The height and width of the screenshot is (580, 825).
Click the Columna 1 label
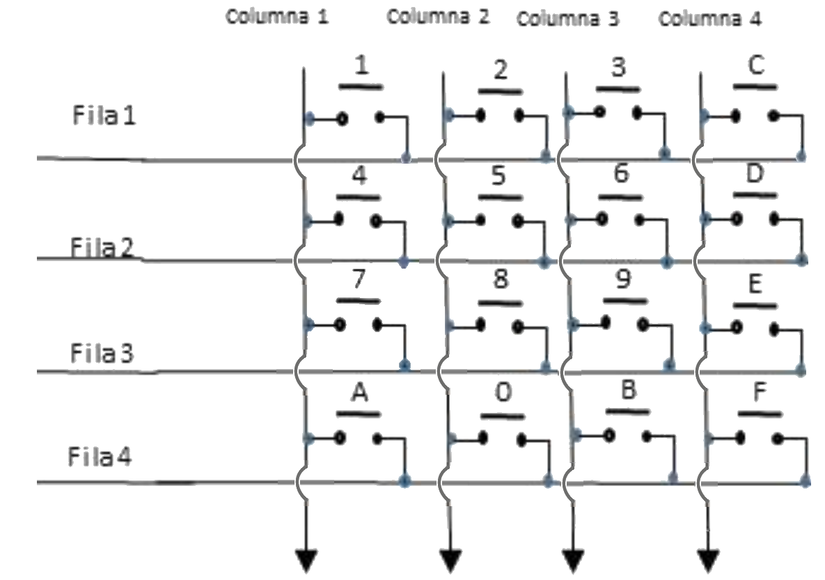(x=276, y=17)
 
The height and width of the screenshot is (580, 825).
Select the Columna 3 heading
(x=567, y=19)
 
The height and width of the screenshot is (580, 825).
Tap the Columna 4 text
(x=709, y=19)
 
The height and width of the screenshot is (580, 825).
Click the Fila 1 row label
(x=104, y=116)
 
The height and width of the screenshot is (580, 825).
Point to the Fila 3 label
(x=102, y=353)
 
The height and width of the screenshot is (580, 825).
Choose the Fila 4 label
(x=100, y=458)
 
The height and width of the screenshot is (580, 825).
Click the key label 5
(x=498, y=177)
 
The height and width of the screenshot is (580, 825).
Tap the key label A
(x=359, y=393)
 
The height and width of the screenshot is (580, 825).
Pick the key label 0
(x=502, y=394)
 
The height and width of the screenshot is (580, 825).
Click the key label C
(x=756, y=65)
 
